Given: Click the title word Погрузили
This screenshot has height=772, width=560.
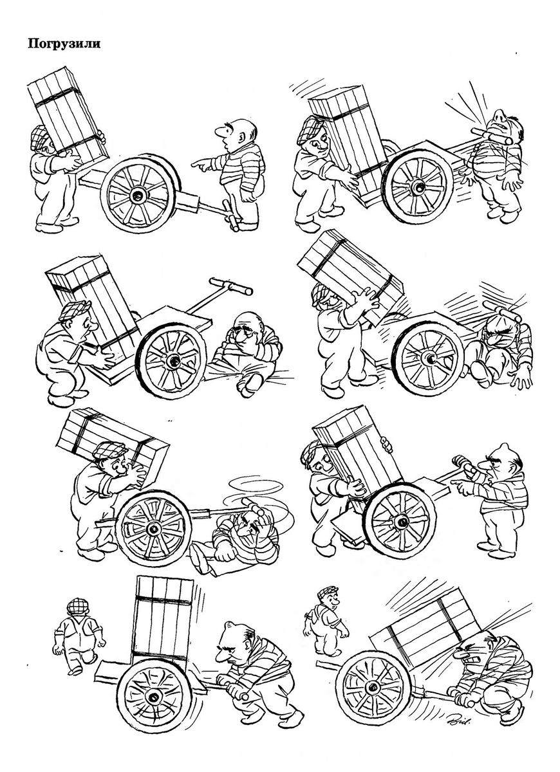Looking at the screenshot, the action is coord(64,44).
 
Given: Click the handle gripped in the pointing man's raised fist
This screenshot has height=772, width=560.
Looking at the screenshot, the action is coord(464,464).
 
